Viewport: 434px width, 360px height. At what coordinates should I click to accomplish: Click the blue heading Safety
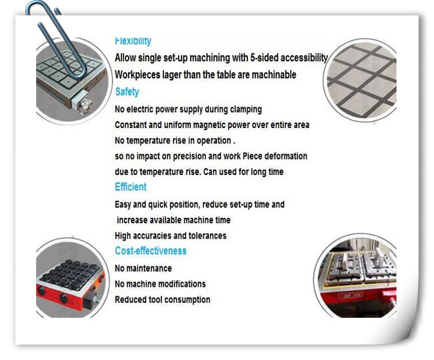[127, 92]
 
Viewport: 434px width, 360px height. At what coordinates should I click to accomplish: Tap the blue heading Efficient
[131, 187]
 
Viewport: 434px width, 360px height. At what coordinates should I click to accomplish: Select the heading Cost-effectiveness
[151, 251]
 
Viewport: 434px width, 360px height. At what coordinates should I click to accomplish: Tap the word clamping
[246, 109]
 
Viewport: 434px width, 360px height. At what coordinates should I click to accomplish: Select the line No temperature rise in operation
[175, 141]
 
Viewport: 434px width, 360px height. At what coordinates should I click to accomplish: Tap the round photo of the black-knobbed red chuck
[72, 278]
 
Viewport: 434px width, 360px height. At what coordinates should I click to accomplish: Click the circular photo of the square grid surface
[360, 80]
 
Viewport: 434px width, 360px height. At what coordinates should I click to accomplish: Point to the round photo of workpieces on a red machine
[356, 276]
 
